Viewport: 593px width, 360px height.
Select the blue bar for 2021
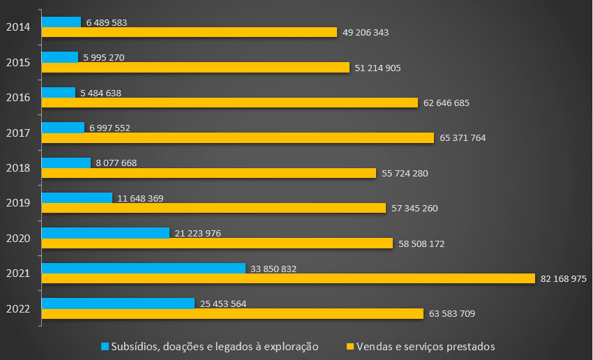click(x=144, y=268)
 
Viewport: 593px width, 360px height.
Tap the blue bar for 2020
click(x=105, y=232)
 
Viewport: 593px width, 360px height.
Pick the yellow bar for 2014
click(x=189, y=32)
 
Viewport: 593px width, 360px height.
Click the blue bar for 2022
click(x=118, y=303)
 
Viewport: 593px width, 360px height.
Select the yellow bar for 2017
click(x=238, y=137)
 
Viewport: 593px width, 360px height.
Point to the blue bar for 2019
click(x=77, y=197)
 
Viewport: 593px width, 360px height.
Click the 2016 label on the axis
click(x=17, y=98)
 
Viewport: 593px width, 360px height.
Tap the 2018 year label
click(x=17, y=168)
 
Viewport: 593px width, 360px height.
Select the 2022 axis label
click(x=17, y=308)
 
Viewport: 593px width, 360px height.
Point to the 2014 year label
click(x=17, y=27)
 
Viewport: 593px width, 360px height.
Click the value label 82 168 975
click(x=564, y=278)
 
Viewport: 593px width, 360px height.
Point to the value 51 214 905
click(x=378, y=68)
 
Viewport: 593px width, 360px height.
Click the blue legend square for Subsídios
click(x=105, y=346)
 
